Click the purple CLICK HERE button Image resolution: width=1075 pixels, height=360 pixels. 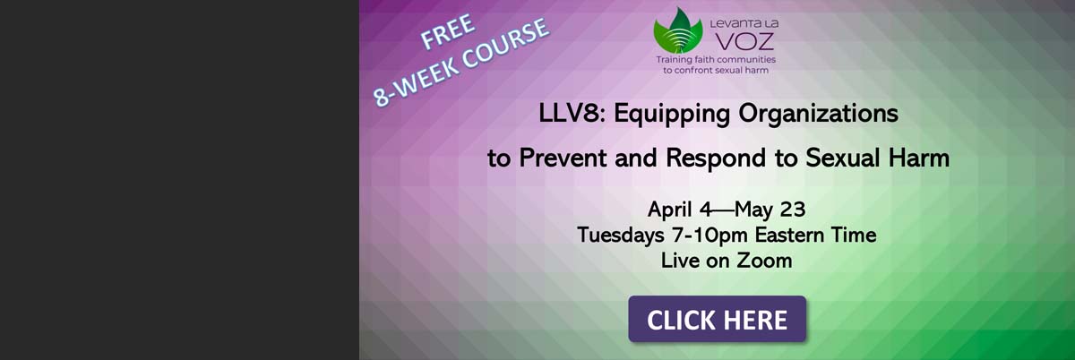(x=717, y=319)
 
